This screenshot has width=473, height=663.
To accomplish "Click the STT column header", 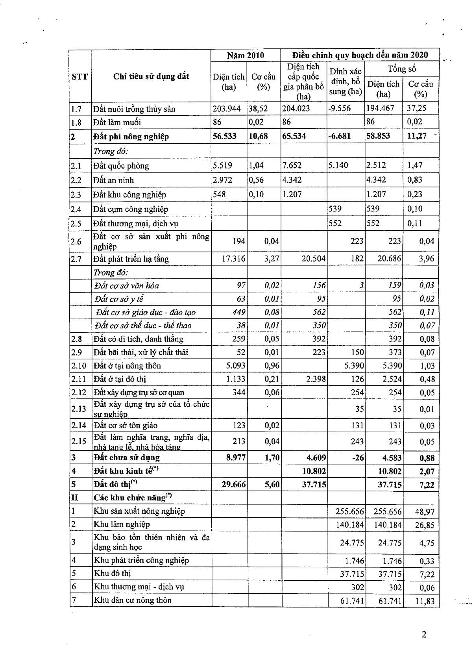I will coord(80,77).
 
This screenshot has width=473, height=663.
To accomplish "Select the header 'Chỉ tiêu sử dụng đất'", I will coord(151,76).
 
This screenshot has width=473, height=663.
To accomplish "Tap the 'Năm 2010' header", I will coord(246,56).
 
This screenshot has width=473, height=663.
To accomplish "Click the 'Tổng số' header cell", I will coord(401,69).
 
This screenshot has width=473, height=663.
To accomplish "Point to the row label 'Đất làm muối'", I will coord(117,122).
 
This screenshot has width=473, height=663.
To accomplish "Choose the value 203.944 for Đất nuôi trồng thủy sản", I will coord(227,108).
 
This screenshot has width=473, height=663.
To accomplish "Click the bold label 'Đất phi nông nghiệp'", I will coord(131,137).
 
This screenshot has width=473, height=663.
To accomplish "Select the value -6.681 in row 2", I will coord(340,136).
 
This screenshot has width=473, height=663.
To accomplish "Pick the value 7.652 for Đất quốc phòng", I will coord(292,165).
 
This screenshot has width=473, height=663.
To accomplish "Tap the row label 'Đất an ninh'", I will coord(114,180).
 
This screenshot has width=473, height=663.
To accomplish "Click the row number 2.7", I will coord(76,259).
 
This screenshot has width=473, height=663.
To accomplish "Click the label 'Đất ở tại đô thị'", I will coord(120,379).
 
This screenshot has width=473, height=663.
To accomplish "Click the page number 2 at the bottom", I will coord(424,634).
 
